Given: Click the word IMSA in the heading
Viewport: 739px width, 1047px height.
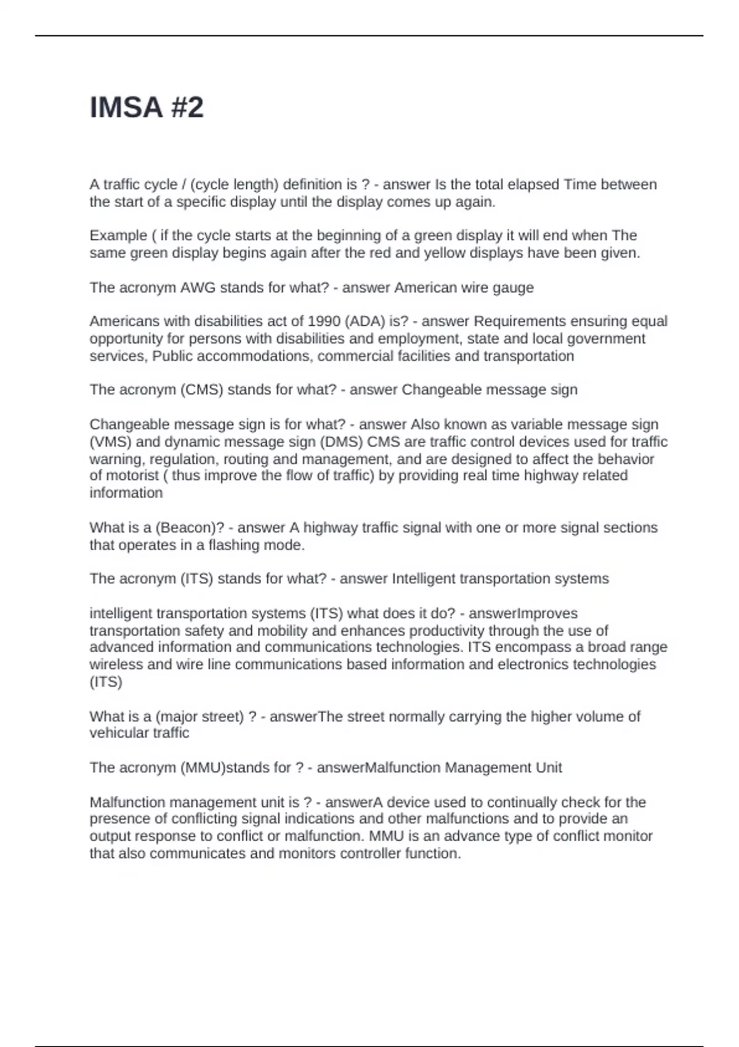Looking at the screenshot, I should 126,108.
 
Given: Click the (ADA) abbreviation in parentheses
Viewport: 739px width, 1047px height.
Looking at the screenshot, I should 365,321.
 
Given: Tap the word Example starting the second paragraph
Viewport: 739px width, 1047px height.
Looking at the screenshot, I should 118,236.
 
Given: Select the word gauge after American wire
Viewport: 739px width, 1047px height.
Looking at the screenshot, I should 513,288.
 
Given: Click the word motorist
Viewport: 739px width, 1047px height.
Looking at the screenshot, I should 132,475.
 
